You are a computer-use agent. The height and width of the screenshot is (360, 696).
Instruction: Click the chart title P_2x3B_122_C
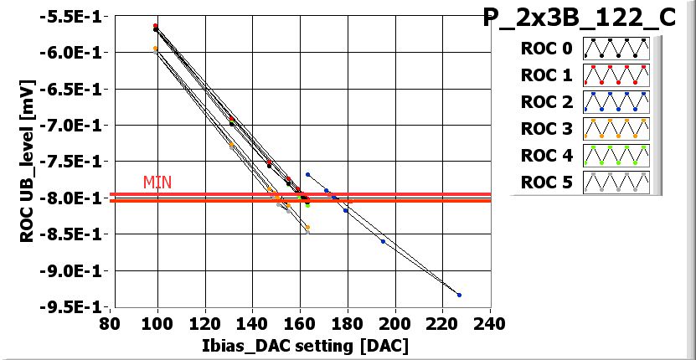pyautogui.click(x=580, y=19)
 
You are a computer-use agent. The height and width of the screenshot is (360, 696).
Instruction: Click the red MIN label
pyautogui.click(x=157, y=182)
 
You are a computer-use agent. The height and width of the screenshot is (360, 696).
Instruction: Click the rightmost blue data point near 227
pyautogui.click(x=459, y=295)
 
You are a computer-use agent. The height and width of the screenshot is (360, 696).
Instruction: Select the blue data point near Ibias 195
pyautogui.click(x=383, y=241)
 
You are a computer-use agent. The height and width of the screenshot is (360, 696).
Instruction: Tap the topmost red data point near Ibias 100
pyautogui.click(x=156, y=25)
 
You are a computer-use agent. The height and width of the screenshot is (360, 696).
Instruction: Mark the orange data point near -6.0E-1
pyautogui.click(x=156, y=49)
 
